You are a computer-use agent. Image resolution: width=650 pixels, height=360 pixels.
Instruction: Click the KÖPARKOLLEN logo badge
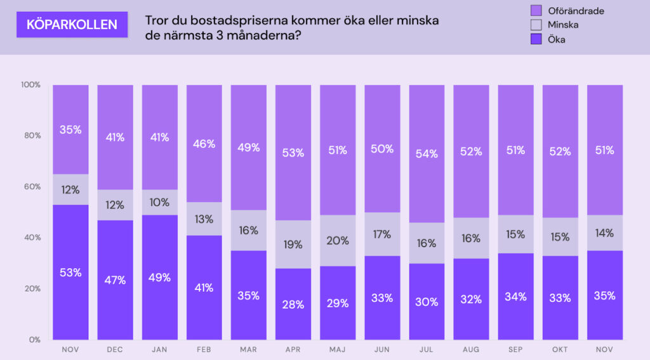point(71,25)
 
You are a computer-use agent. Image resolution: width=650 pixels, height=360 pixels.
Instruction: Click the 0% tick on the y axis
point(33,340)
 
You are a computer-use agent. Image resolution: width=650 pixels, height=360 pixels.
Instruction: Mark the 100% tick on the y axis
point(30,84)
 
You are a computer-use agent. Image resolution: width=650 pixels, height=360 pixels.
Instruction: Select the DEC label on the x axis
point(115,349)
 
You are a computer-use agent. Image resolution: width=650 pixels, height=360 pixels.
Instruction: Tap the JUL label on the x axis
point(427,349)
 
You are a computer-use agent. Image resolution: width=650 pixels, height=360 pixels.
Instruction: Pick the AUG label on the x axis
point(471,349)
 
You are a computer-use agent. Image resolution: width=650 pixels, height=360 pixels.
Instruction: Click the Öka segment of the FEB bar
point(204,287)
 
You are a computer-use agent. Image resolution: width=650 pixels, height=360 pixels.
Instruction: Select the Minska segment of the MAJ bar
point(338,240)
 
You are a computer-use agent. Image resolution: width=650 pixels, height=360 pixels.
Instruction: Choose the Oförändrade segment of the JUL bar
point(427,153)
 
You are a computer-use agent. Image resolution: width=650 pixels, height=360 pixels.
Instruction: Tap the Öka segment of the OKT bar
point(560,297)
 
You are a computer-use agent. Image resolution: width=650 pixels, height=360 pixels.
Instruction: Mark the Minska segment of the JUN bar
point(382,234)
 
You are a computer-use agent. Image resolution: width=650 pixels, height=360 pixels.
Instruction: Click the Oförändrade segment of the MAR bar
point(248,147)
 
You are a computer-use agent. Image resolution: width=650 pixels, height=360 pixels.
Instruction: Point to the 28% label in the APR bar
point(293,303)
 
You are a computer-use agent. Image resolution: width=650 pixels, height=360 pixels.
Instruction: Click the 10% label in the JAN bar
point(159,203)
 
